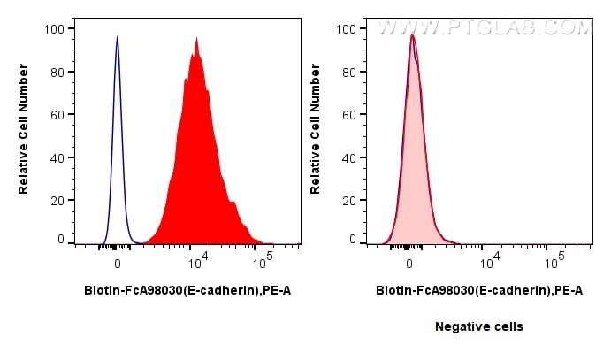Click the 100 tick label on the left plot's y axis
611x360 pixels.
(55, 28)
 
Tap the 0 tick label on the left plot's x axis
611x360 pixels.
(117, 263)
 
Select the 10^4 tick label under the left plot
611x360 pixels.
(197, 261)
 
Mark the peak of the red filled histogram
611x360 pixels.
(197, 38)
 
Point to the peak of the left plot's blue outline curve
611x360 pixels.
(117, 38)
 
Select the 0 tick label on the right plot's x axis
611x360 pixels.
(409, 263)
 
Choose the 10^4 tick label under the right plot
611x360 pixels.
(489, 261)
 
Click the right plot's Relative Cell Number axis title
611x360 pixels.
(316, 134)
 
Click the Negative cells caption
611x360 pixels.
(479, 326)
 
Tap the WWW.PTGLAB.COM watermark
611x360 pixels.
(485, 28)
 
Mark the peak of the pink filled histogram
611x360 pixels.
(412, 36)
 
